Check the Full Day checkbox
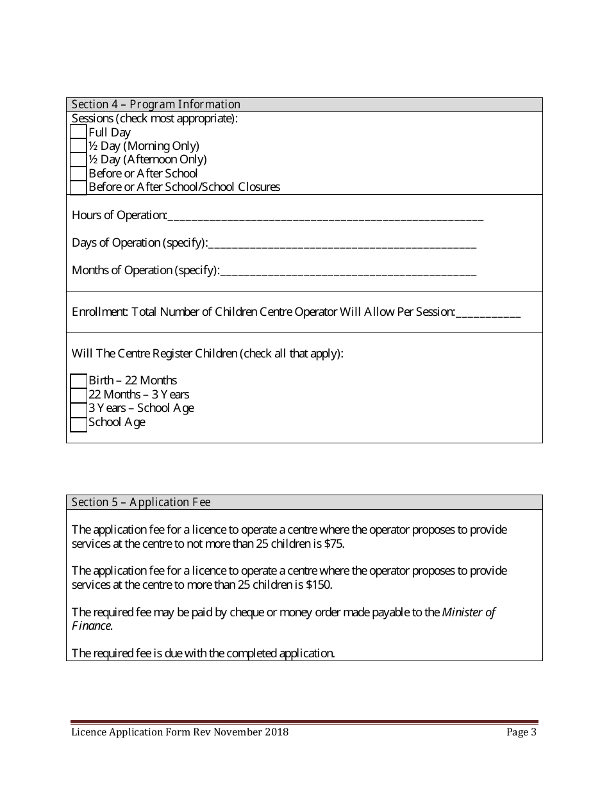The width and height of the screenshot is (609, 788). [78, 132]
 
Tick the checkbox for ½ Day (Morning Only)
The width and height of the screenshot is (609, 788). [78, 146]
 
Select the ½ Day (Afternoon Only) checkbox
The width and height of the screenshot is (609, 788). [78, 160]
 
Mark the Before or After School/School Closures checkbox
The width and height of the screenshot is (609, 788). [78, 187]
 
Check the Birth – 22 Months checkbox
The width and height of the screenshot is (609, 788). [78, 381]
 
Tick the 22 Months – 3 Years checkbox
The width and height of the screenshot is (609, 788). [78, 395]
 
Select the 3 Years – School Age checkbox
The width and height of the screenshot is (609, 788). [78, 409]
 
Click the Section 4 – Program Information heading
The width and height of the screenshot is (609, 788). [156, 104]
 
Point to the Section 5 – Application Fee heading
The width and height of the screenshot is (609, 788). [141, 502]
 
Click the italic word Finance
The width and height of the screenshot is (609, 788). [92, 626]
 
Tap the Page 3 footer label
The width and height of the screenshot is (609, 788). [521, 732]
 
